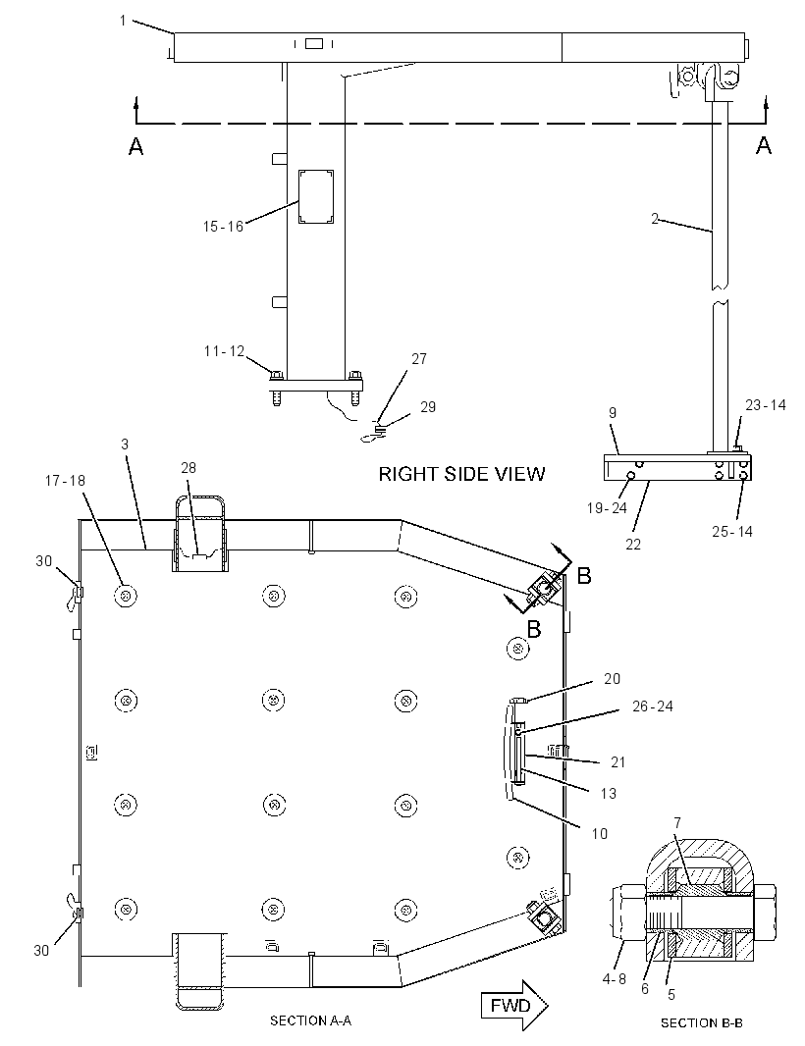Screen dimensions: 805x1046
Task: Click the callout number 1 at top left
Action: [x=123, y=21]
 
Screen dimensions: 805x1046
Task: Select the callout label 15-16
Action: [x=223, y=227]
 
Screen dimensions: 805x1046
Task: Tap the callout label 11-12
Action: [x=224, y=351]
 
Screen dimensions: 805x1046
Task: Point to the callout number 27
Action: [x=418, y=359]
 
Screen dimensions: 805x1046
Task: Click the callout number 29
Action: [x=428, y=407]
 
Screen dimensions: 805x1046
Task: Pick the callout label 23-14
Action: [x=766, y=405]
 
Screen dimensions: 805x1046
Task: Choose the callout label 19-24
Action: [x=607, y=508]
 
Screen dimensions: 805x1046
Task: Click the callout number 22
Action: [x=633, y=545]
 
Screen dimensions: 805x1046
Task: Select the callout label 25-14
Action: [x=732, y=532]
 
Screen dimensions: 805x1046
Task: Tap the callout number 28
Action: [x=188, y=468]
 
